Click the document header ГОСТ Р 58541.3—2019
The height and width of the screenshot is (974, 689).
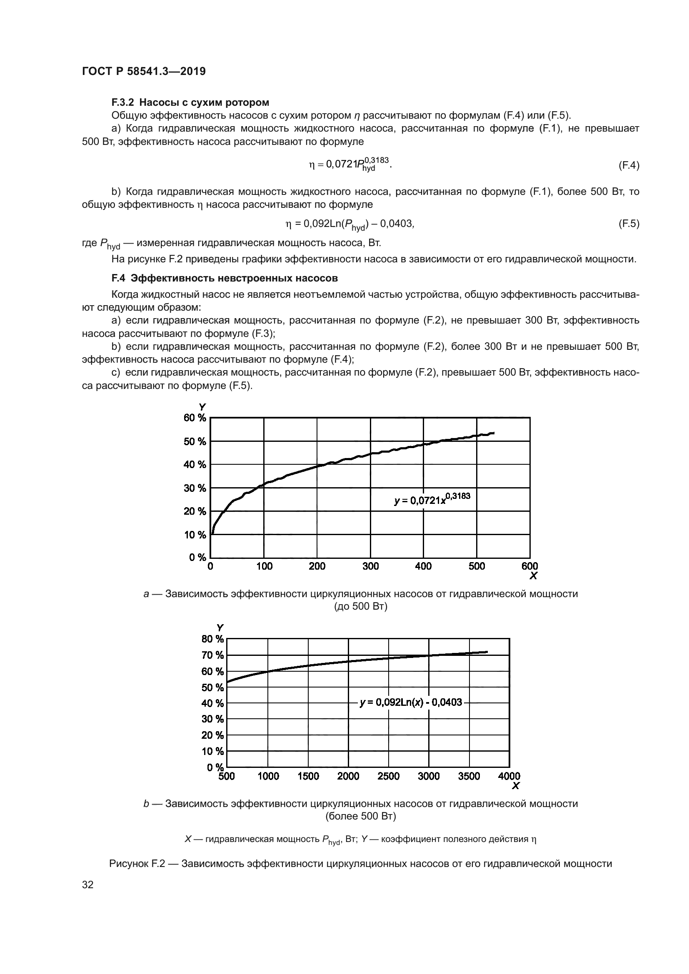[x=143, y=71]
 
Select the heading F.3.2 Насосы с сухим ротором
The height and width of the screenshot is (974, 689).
[x=190, y=102]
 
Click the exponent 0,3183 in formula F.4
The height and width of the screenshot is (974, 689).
[x=377, y=159]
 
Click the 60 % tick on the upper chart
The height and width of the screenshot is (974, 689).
[x=195, y=418]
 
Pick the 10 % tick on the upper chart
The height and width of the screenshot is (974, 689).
[x=195, y=535]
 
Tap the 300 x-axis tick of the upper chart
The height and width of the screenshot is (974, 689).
[x=370, y=566]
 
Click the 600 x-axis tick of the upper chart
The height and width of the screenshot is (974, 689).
[x=529, y=566]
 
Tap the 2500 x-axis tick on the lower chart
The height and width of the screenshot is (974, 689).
[x=388, y=776]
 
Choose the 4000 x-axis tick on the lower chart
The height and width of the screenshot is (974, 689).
[x=509, y=776]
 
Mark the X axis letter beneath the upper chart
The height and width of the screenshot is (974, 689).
[x=533, y=575]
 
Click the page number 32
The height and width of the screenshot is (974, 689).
[x=88, y=885]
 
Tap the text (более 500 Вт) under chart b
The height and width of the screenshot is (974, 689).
[x=360, y=816]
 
